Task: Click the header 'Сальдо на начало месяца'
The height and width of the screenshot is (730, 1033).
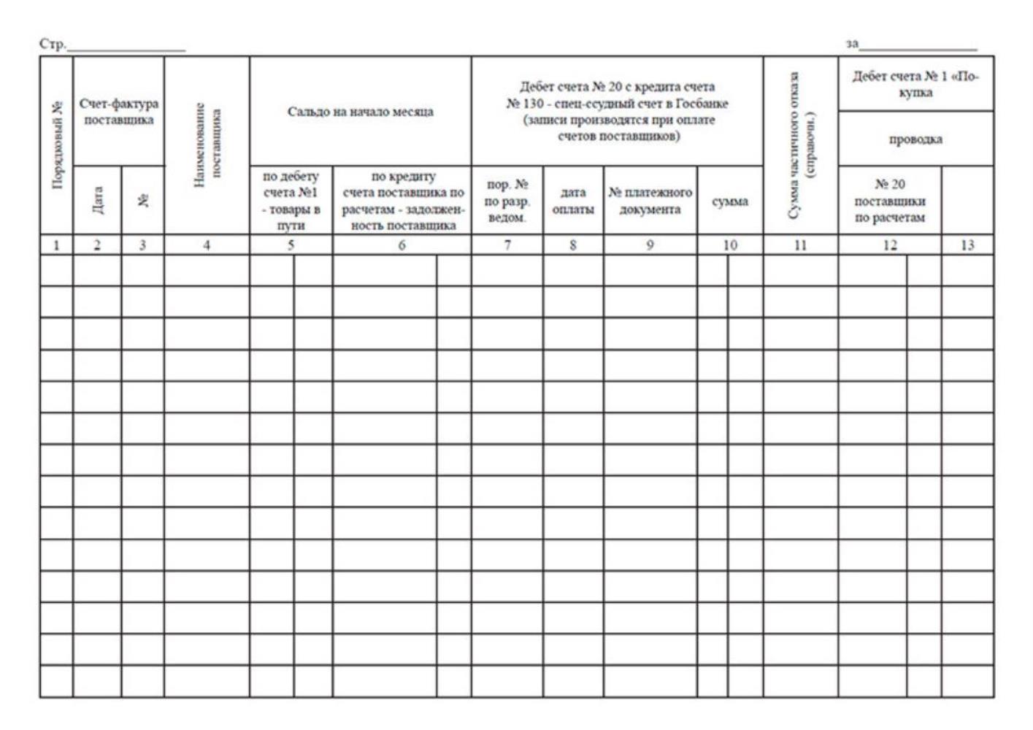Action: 360,112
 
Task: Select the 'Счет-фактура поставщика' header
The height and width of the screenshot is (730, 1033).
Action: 118,112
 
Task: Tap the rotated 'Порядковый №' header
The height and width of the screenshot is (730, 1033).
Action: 56,145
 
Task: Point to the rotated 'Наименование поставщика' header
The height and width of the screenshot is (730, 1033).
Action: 207,145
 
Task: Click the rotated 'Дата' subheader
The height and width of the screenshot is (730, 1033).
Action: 97,200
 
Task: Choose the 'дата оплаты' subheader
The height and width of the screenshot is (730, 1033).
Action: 573,201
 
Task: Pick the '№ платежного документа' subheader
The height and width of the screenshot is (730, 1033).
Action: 650,201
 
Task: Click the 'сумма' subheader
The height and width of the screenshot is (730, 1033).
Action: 730,201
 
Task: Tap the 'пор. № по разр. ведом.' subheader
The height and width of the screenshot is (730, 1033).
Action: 507,201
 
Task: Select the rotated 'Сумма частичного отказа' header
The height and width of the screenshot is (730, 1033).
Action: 801,145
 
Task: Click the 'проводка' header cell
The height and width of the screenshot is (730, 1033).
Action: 915,139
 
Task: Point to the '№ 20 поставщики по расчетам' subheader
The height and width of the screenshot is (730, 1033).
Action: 889,201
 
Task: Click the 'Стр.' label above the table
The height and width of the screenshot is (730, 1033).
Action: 52,45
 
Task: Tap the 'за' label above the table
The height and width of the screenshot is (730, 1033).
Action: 852,45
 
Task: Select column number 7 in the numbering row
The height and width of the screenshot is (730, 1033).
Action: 507,245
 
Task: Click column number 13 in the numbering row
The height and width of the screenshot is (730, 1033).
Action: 967,245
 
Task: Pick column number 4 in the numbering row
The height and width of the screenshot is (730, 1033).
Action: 207,245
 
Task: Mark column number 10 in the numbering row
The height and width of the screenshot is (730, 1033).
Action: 730,245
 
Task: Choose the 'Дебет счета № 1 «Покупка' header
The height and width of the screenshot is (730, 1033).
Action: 915,84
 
